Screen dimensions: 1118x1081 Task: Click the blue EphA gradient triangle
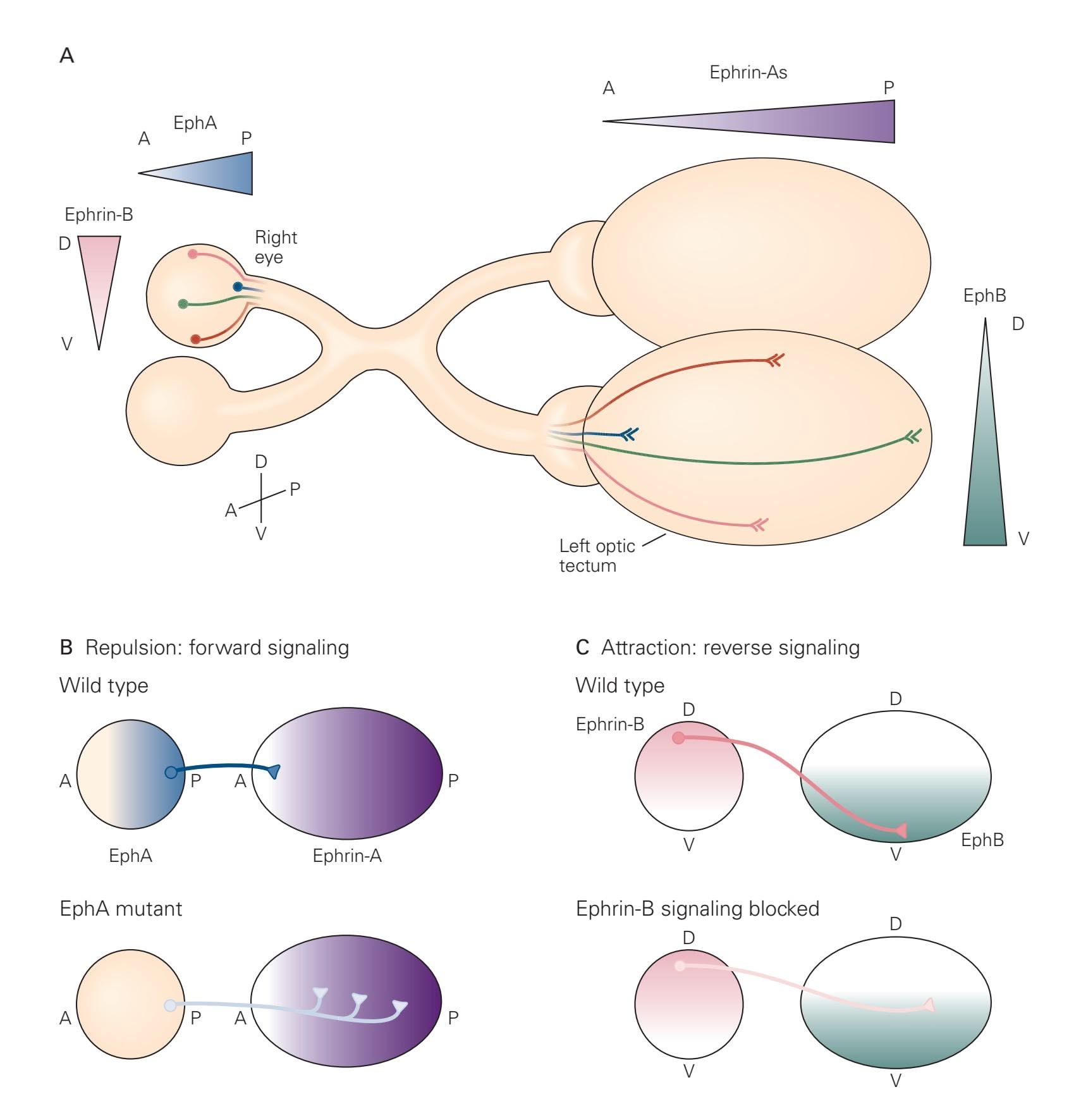click(x=215, y=173)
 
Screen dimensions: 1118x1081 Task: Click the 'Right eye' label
click(x=275, y=247)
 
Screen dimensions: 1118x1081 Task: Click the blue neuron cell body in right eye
click(x=238, y=287)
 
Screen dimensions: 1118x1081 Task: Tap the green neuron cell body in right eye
click(x=183, y=304)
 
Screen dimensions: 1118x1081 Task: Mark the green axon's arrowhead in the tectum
click(x=913, y=436)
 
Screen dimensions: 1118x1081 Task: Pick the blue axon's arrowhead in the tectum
click(x=630, y=434)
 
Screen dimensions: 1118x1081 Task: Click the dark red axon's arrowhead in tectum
click(x=775, y=360)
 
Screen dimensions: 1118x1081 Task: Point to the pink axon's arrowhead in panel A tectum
click(x=758, y=524)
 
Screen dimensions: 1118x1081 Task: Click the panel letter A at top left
click(x=66, y=56)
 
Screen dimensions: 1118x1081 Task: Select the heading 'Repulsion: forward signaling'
click(x=217, y=648)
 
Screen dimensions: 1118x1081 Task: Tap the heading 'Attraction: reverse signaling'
click(x=730, y=648)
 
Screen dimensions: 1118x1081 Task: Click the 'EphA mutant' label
click(x=120, y=909)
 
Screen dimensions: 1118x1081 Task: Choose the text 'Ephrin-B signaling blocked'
click(x=697, y=909)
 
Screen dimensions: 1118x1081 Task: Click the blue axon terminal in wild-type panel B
click(x=274, y=771)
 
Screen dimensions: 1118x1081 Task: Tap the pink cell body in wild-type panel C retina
click(x=678, y=738)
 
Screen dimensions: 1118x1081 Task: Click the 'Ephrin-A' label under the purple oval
click(x=347, y=856)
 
